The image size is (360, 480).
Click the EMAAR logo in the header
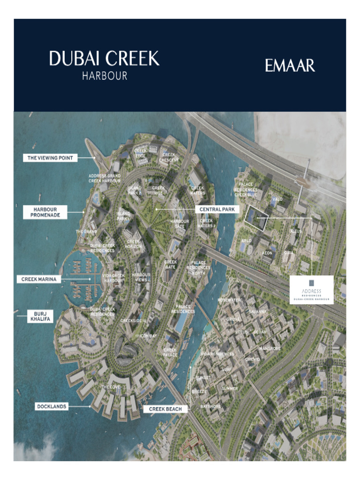click(x=290, y=65)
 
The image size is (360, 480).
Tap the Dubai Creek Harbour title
click(x=104, y=65)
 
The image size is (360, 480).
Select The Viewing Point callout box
click(x=50, y=158)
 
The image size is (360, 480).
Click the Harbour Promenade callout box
click(x=45, y=212)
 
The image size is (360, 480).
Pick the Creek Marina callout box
click(x=39, y=279)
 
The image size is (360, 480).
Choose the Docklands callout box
click(x=52, y=407)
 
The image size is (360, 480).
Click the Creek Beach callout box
click(x=165, y=409)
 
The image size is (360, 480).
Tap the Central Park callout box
click(x=217, y=209)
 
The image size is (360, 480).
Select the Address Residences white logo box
click(x=311, y=290)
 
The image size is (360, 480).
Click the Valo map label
click(x=277, y=199)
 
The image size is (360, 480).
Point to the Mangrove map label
click(x=270, y=349)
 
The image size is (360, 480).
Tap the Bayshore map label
click(x=210, y=406)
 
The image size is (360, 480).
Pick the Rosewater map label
click(x=229, y=300)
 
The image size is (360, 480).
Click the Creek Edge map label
click(x=141, y=153)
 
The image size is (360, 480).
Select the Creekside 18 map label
click(x=133, y=321)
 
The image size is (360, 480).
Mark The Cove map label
click(x=111, y=387)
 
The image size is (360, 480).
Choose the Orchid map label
click(x=253, y=360)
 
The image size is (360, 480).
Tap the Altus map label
click(x=296, y=232)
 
